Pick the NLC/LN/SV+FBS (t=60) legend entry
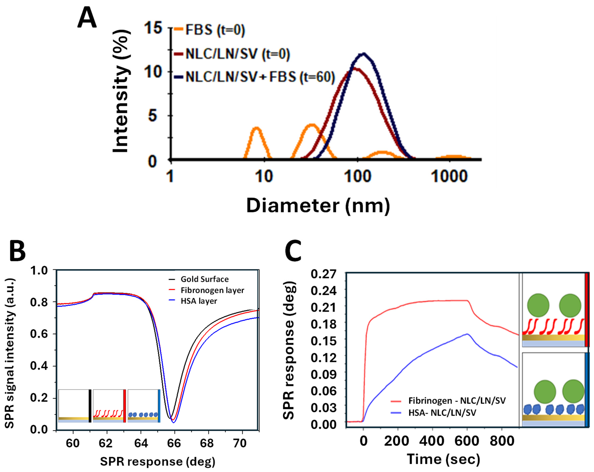tap(254, 77)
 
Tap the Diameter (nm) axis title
tap(318, 206)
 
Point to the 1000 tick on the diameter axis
tap(449, 176)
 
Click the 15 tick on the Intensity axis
tap(153, 28)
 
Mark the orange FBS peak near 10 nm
tap(257, 128)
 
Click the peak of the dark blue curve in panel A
tap(364, 54)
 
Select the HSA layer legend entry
tap(193, 301)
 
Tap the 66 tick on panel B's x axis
tap(174, 443)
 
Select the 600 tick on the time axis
tap(467, 441)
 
